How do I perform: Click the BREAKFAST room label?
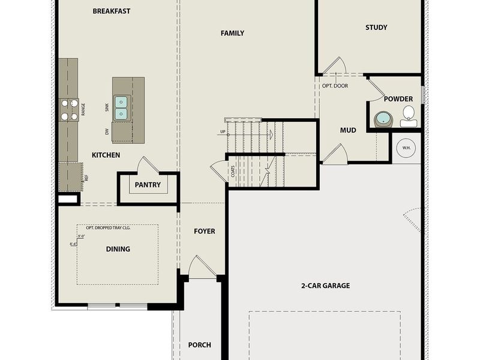(112, 11)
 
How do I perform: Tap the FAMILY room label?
(232, 33)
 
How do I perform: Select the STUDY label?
(376, 27)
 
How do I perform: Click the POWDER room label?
(398, 99)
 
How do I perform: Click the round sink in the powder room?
(383, 119)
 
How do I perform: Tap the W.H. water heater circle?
(406, 148)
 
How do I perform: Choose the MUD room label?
(348, 130)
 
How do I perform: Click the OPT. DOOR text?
(335, 86)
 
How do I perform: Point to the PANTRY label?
(148, 185)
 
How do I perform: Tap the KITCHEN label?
(106, 155)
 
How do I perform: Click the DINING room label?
(118, 249)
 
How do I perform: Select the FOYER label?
(204, 231)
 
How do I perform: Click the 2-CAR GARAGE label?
(325, 286)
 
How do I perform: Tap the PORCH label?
(199, 344)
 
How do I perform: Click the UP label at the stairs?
(223, 131)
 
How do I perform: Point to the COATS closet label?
(233, 172)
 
